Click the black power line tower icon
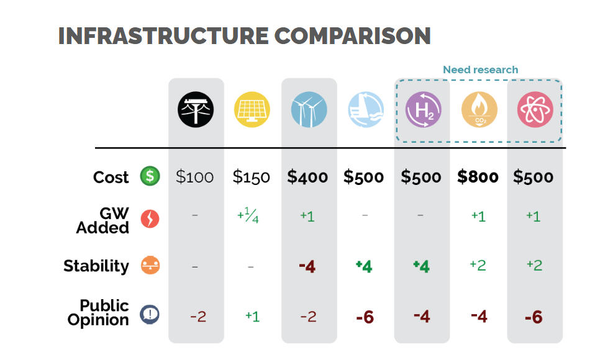pyautogui.click(x=196, y=110)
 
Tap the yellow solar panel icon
pyautogui.click(x=252, y=110)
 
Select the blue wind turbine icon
pyautogui.click(x=309, y=110)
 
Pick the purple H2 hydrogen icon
pyautogui.click(x=423, y=110)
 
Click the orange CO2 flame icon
pyautogui.click(x=479, y=110)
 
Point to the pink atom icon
pyautogui.click(x=535, y=110)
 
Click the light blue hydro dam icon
pyautogui.click(x=365, y=110)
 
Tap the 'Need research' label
pyautogui.click(x=480, y=70)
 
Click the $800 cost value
pyautogui.click(x=478, y=177)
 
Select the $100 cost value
pyautogui.click(x=194, y=177)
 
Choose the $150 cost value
pyautogui.click(x=251, y=177)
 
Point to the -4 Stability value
pyautogui.click(x=307, y=266)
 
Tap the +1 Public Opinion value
pyautogui.click(x=252, y=316)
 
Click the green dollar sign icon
pyautogui.click(x=150, y=176)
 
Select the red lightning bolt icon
pyautogui.click(x=150, y=218)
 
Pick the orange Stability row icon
pyautogui.click(x=150, y=266)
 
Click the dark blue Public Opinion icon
pyautogui.click(x=150, y=314)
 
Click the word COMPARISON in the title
pyautogui.click(x=352, y=35)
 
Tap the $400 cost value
pyautogui.click(x=307, y=177)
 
